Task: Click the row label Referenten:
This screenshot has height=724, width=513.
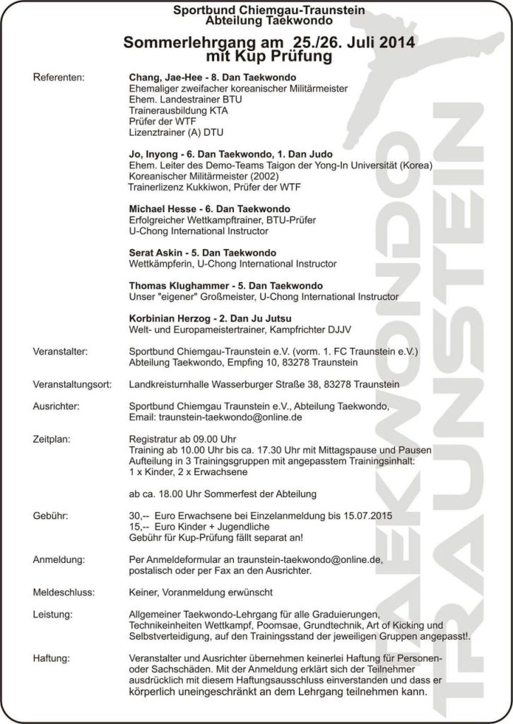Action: [x=59, y=77]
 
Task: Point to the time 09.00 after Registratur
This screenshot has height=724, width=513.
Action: [x=210, y=439]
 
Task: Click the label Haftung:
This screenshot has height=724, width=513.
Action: [x=52, y=658]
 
